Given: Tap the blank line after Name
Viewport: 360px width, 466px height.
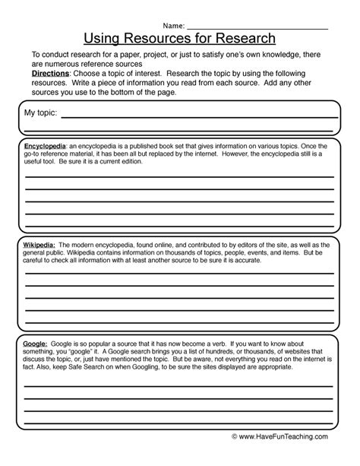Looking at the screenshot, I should tap(258, 27).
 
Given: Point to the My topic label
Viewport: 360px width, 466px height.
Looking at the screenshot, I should tap(40, 113).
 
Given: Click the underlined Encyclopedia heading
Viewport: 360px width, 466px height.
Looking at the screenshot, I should tap(43, 144).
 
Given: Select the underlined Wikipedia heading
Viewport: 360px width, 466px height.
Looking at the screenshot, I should tap(39, 246).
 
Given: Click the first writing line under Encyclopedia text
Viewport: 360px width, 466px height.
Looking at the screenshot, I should tap(179, 176).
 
